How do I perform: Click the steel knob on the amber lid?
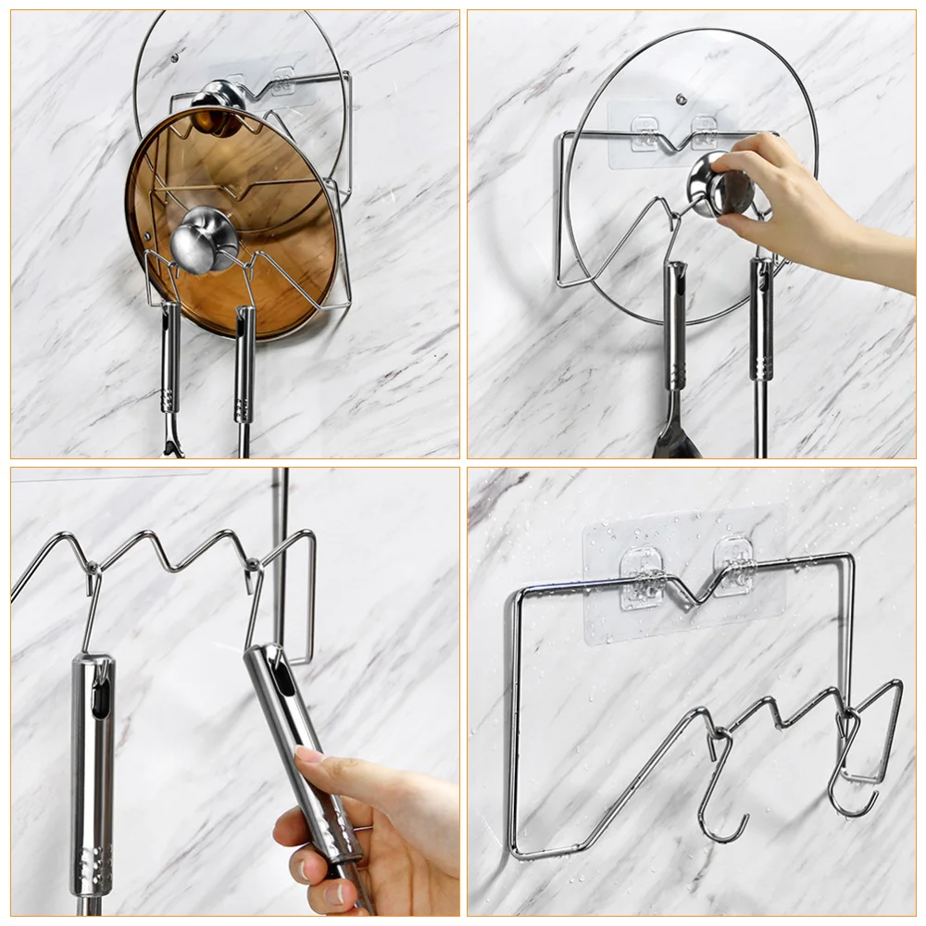(203, 238)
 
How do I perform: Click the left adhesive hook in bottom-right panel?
(643, 575)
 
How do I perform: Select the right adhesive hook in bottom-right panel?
(736, 568)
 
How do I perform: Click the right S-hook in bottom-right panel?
(849, 769)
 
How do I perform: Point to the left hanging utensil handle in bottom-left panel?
(93, 769)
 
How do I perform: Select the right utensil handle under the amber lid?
(244, 366)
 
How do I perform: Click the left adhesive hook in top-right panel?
(645, 132)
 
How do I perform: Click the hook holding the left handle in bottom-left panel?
(91, 607)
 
